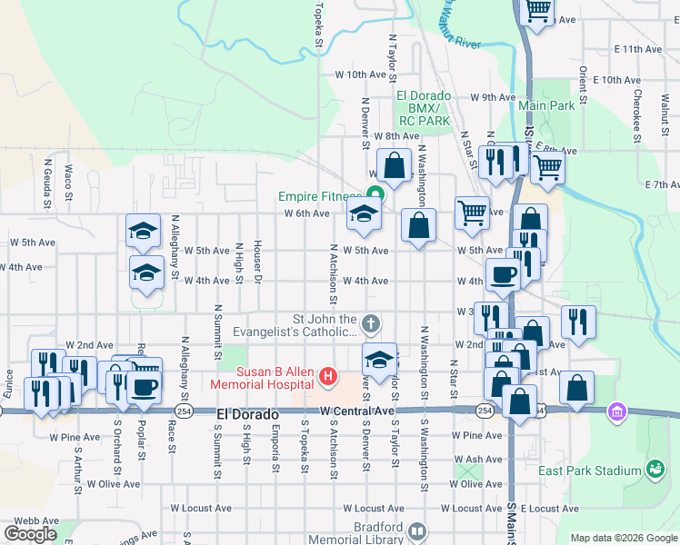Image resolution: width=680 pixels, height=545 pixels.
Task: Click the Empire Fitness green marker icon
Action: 374,193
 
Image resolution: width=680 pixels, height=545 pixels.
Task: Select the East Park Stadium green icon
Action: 655,469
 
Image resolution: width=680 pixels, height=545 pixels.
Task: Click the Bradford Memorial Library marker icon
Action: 417,530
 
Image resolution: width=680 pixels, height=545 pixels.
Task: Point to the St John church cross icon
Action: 370,322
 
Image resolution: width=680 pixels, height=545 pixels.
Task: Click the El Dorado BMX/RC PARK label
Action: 424,107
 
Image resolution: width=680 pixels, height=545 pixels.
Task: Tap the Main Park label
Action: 546,105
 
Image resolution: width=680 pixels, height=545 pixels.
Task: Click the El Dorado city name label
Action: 247,414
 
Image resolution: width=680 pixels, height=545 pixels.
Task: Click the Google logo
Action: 30,533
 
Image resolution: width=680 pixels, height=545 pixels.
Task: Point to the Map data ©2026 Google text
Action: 623,538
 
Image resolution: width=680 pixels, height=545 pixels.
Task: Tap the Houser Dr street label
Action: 258,262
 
